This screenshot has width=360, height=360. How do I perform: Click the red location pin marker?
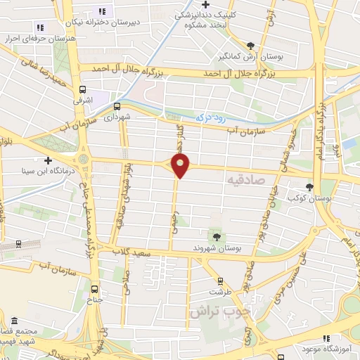(x=181, y=167)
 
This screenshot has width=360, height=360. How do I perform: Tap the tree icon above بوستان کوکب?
(x=310, y=187)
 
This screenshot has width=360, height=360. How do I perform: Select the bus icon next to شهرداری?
(x=117, y=107)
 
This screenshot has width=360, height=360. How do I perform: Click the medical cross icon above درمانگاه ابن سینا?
(x=47, y=160)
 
